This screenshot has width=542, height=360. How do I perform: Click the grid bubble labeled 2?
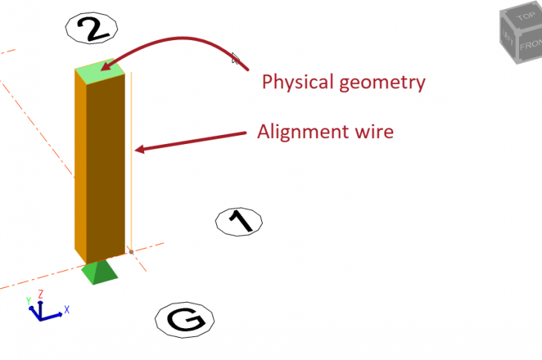click(91, 28)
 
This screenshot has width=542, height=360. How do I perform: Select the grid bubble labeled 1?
click(239, 222)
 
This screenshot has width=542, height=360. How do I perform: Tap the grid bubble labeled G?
click(185, 320)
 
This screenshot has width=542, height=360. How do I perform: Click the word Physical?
click(298, 82)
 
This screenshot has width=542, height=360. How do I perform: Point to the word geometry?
click(382, 83)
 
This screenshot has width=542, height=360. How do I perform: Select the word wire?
click(374, 131)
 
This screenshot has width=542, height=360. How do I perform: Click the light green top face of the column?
click(100, 71)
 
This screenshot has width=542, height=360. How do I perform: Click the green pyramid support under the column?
click(100, 272)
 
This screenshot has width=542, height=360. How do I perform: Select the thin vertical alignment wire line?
click(131, 162)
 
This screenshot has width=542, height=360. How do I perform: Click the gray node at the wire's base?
click(131, 252)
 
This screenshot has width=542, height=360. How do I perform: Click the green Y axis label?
click(29, 301)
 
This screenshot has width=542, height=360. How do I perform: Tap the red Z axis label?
click(40, 294)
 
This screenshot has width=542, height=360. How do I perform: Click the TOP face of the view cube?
click(525, 16)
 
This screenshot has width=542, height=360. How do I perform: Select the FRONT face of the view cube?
click(530, 45)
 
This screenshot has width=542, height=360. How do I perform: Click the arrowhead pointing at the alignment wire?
click(140, 149)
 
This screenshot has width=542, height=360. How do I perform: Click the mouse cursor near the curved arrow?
click(235, 59)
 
